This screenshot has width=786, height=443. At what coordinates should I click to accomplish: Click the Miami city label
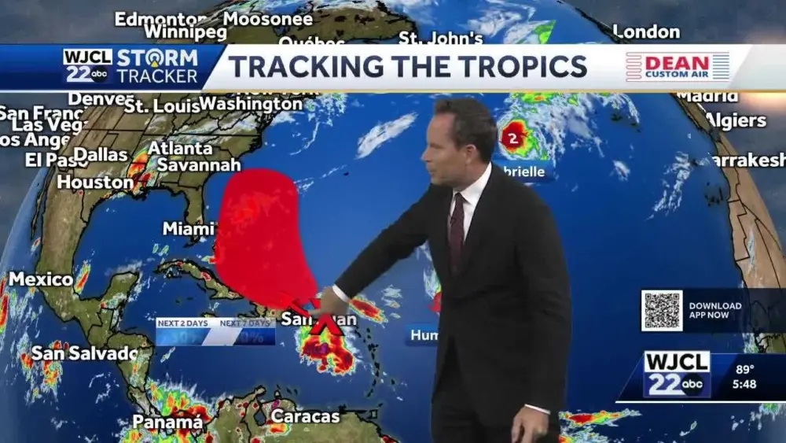(188, 229)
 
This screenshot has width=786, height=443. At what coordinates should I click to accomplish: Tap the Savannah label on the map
(198, 165)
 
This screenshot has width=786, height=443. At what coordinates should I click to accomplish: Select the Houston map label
(95, 183)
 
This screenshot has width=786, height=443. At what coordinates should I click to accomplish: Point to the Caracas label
(305, 416)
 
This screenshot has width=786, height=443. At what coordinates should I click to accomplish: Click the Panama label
(167, 423)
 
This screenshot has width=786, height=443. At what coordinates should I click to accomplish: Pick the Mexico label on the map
(41, 279)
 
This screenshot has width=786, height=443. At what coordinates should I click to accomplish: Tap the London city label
(645, 32)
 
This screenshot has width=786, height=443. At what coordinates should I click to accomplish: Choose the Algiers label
(736, 120)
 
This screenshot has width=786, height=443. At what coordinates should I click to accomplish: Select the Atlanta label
(180, 148)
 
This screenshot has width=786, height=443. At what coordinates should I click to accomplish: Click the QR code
(661, 310)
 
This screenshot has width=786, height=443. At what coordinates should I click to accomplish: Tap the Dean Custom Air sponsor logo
(678, 67)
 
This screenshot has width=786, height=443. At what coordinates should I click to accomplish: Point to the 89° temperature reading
(745, 369)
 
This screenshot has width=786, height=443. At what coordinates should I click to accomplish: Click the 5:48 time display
(745, 386)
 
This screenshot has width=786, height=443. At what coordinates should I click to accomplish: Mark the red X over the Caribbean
(325, 322)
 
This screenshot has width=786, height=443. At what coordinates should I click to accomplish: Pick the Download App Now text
(715, 310)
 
